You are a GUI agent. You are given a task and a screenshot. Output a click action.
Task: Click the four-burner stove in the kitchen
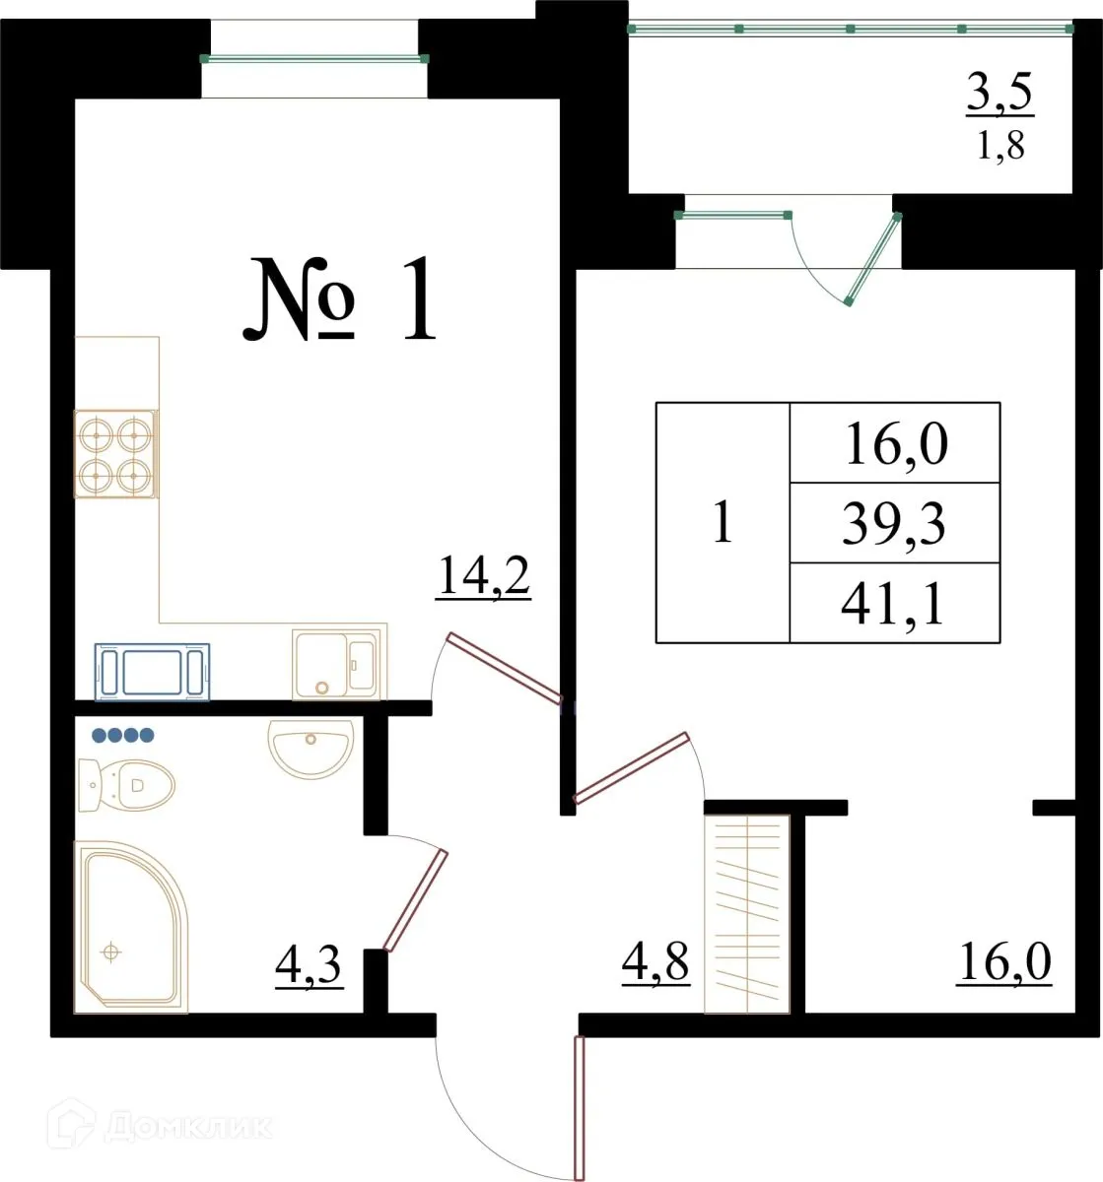115,454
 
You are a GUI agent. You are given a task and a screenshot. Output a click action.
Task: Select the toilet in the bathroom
128,786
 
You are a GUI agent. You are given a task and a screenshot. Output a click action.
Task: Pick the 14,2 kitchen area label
483,577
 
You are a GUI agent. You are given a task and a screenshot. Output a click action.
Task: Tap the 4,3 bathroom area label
309,967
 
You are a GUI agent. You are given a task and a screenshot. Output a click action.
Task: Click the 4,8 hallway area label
655,961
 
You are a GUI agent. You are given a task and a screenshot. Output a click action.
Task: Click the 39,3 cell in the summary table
894,523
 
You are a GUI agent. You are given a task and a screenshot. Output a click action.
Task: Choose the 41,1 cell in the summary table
894,603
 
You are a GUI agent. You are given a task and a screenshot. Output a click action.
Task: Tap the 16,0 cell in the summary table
894,443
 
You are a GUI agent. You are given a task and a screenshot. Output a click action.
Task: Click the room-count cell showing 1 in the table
723,523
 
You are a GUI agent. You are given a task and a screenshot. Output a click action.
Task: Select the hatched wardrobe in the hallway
747,913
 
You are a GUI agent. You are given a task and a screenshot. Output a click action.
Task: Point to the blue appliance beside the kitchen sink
152,672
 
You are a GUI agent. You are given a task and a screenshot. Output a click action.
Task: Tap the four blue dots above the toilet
123,734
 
